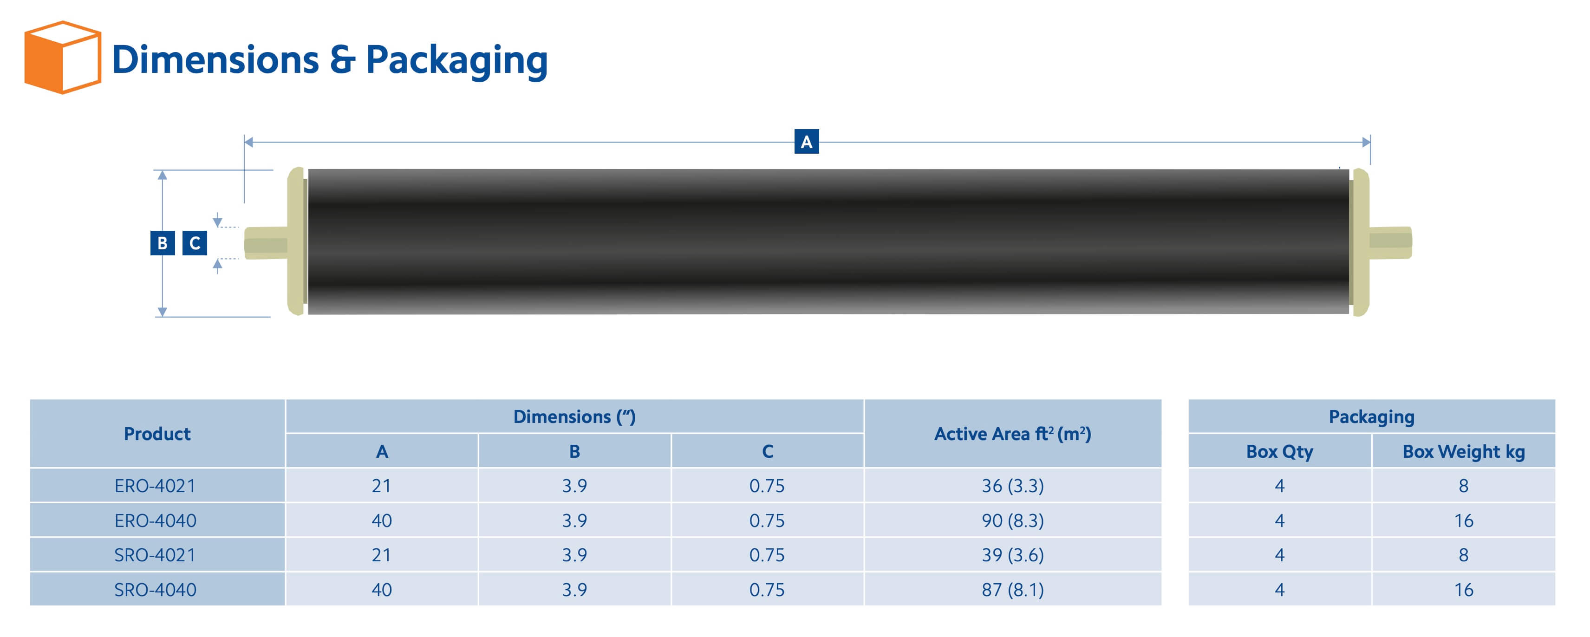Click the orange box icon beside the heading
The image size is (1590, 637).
(x=62, y=58)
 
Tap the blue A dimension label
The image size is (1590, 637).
(x=806, y=142)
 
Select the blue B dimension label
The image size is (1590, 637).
(x=163, y=243)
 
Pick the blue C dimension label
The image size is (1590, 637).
(x=195, y=243)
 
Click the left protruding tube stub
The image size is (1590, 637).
(x=266, y=243)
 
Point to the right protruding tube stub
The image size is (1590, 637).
(x=1390, y=242)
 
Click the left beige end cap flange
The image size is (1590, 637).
(x=296, y=241)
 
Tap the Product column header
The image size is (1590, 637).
(x=157, y=434)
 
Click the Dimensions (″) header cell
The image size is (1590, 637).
(x=574, y=416)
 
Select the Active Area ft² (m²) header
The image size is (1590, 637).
(x=1012, y=434)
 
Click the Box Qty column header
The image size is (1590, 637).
(x=1279, y=452)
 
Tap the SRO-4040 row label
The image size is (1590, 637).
(x=155, y=590)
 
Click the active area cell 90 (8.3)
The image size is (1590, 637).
(x=1012, y=521)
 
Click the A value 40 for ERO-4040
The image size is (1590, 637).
(x=381, y=521)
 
